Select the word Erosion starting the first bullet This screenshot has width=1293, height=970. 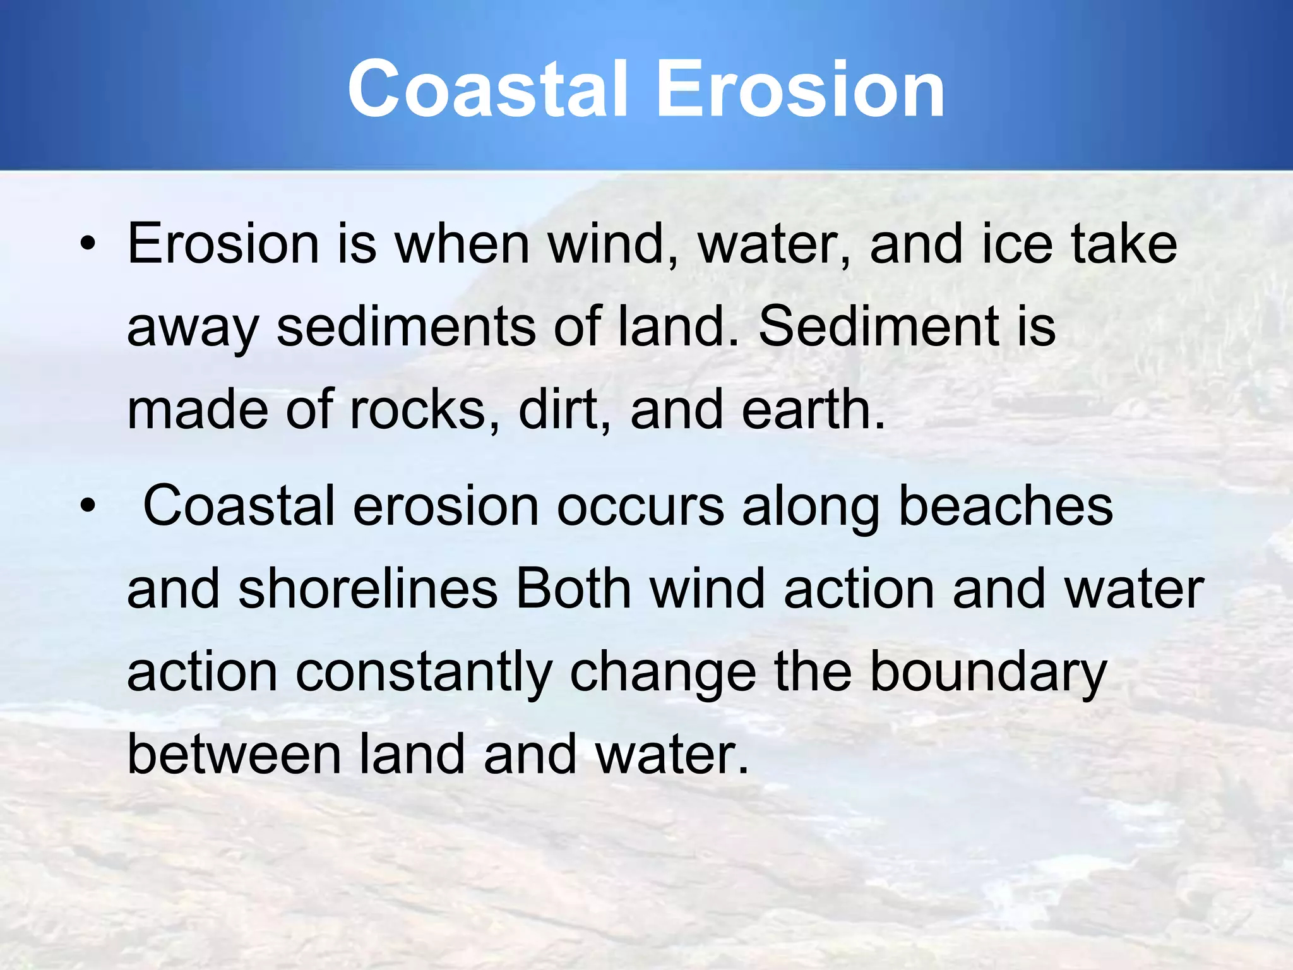click(223, 245)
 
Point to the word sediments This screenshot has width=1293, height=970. click(406, 327)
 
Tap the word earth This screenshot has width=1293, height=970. click(814, 410)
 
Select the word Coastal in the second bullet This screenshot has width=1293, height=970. click(239, 506)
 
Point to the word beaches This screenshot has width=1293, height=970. click(1005, 506)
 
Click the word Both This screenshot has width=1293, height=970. click(573, 590)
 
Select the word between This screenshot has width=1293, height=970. click(234, 755)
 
